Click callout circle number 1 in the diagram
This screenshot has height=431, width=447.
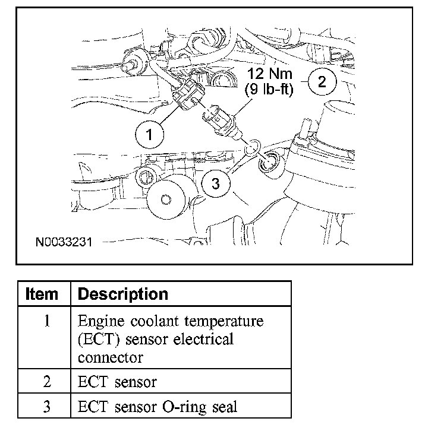coord(149,135)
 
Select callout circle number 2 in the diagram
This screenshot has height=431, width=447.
coord(322,81)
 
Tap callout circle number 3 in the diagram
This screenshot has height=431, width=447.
coord(215,184)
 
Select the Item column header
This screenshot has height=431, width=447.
coord(43,294)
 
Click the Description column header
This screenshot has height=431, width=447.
coord(123,294)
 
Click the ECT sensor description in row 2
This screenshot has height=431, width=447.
coord(117,382)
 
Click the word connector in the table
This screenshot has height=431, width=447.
coord(110,358)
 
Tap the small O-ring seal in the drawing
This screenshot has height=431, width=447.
coord(253,145)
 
